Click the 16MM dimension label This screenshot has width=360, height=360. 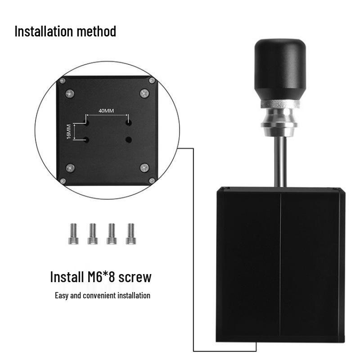69,131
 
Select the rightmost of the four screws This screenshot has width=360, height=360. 131,234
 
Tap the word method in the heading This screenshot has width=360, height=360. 95,31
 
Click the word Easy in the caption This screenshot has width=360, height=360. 62,296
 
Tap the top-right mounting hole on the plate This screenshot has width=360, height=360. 129,122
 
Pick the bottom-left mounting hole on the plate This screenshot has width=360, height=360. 87,139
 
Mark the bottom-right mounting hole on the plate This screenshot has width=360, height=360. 129,139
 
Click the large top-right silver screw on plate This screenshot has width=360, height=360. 144,93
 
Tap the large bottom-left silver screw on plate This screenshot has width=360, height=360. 70,168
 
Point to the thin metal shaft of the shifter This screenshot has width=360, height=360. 279,162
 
